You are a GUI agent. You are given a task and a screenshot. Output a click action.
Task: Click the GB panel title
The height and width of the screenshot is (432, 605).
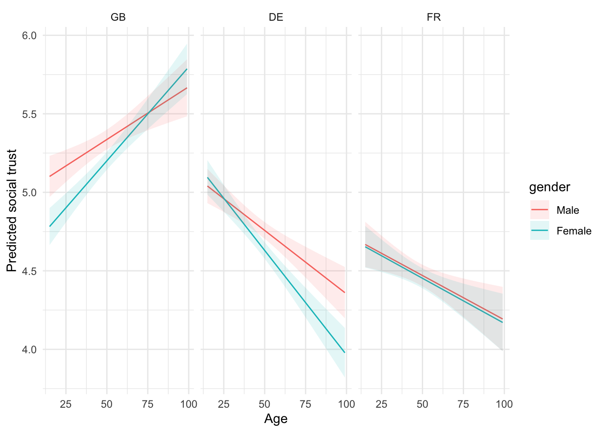click(x=118, y=18)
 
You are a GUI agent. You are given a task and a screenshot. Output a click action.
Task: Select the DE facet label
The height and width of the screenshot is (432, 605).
click(x=276, y=18)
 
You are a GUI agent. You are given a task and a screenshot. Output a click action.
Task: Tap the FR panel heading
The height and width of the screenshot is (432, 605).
click(x=434, y=18)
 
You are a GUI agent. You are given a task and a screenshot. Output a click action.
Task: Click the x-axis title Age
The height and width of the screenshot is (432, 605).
click(x=275, y=419)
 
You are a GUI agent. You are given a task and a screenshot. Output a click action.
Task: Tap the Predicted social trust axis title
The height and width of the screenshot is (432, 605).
click(x=12, y=211)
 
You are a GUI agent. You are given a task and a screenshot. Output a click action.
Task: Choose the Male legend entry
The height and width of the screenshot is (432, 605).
click(x=568, y=210)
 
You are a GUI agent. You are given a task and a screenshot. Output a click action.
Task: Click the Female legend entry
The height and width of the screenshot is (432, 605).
click(x=573, y=231)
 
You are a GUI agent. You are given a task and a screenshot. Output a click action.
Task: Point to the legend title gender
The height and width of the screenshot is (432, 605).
click(x=549, y=187)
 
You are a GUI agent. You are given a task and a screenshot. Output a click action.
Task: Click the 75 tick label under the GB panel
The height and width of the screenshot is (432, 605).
click(x=148, y=404)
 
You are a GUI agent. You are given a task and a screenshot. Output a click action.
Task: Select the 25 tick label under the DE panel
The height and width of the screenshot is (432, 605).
click(x=224, y=404)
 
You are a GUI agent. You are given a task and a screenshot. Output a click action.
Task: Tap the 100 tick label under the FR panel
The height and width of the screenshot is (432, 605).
click(x=504, y=404)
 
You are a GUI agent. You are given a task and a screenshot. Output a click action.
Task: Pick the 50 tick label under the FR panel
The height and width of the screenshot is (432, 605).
click(x=422, y=404)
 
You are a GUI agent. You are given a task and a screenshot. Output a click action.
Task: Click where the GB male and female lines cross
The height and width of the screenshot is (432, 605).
click(x=148, y=112)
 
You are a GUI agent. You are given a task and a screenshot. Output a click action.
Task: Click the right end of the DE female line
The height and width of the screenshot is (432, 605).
click(x=345, y=352)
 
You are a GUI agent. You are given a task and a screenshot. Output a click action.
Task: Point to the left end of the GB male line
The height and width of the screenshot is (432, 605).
click(x=50, y=176)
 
